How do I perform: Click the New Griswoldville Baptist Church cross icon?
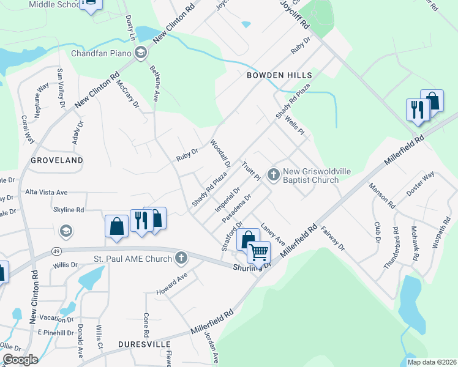pyautogui.click(x=273, y=175)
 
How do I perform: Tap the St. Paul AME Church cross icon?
pyautogui.click(x=181, y=258)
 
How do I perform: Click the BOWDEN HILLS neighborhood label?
pyautogui.click(x=279, y=75)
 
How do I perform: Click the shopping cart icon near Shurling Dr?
pyautogui.click(x=259, y=251)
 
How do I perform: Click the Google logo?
pyautogui.click(x=20, y=359)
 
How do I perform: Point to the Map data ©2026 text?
pyautogui.click(x=432, y=362)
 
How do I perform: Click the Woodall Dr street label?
pyautogui.click(x=220, y=154)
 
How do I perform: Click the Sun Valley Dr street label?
pyautogui.click(x=61, y=87)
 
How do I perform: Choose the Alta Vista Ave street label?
pyautogui.click(x=47, y=192)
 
